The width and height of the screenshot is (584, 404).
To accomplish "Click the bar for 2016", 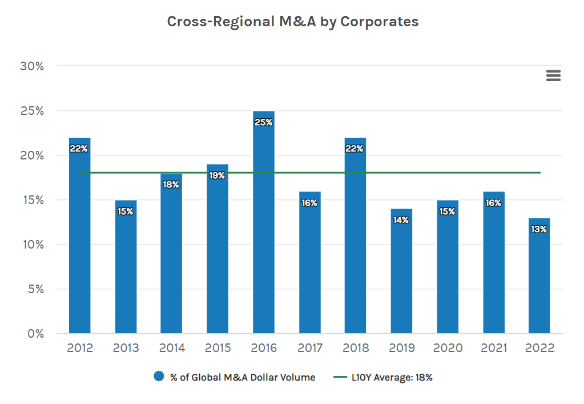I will (x=263, y=229).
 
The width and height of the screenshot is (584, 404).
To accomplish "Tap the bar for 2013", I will (x=126, y=269).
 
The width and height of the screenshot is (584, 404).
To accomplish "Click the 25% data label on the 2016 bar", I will (x=263, y=122).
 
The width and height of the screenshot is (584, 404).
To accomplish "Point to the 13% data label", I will (x=539, y=229).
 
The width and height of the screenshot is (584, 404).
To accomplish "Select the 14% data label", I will (x=401, y=220).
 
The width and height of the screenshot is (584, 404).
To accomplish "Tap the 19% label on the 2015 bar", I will (x=217, y=175).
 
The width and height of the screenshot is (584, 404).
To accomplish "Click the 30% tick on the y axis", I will (x=32, y=66).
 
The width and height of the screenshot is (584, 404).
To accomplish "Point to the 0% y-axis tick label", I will (x=35, y=334).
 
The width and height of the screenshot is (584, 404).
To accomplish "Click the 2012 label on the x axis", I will (x=79, y=349).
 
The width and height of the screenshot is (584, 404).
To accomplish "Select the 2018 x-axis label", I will (x=355, y=349).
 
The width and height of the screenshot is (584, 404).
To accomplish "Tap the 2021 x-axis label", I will (x=493, y=349).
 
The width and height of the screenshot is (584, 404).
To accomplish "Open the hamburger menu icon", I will (x=553, y=75).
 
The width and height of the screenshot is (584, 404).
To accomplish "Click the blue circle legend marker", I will (x=159, y=377).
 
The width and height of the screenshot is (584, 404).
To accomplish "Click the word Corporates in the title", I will (x=380, y=22).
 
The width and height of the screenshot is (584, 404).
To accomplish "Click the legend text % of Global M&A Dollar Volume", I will (x=243, y=377).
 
